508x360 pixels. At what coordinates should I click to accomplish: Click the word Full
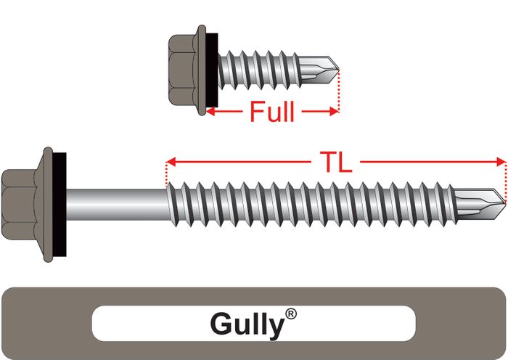pyautogui.click(x=272, y=112)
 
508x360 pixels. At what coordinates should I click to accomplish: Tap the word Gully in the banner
pyautogui.click(x=246, y=324)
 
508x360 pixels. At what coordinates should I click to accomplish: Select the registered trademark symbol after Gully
pyautogui.click(x=291, y=314)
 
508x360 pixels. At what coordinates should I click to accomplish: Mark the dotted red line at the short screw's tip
pyautogui.click(x=338, y=91)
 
